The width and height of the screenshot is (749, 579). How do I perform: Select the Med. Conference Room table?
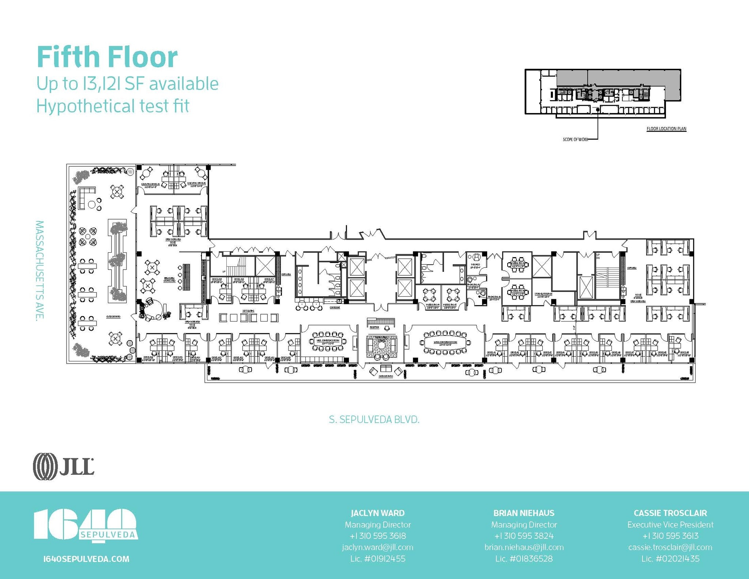point(328,341)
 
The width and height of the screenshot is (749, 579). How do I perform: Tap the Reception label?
point(374,327)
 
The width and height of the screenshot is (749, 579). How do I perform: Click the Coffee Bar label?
point(335,308)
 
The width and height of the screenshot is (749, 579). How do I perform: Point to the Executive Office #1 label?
point(150,184)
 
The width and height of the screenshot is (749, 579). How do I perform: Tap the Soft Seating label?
point(248,311)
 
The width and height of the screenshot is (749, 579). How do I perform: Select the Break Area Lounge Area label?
point(169,279)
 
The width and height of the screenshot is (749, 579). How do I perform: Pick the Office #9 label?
point(684,353)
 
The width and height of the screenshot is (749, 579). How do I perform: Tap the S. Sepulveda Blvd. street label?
point(374,420)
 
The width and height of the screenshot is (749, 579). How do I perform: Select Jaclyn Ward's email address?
point(377,547)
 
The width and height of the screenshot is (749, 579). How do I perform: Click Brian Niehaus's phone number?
point(524,536)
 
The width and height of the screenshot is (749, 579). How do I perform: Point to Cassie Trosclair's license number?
point(670,559)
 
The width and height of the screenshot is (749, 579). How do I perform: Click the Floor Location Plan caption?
point(666,129)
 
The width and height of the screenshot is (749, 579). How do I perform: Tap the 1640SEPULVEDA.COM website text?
point(86,559)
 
